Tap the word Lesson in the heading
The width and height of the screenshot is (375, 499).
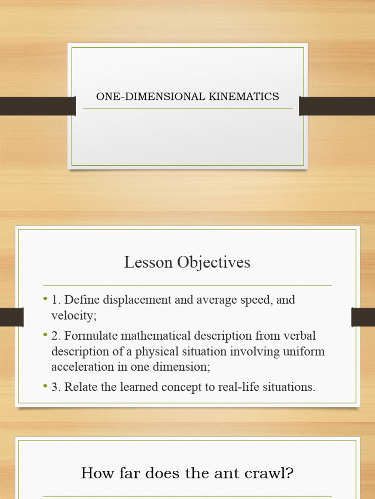coord(148,262)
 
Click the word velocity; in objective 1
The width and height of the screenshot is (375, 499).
coord(74,315)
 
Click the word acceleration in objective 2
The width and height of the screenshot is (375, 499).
coord(81,366)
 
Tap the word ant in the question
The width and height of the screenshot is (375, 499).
coord(225,473)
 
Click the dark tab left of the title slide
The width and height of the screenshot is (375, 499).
coord(38,106)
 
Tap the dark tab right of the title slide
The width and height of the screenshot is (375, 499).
coord(337,106)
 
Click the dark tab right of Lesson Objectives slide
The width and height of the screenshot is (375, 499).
coord(363,317)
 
